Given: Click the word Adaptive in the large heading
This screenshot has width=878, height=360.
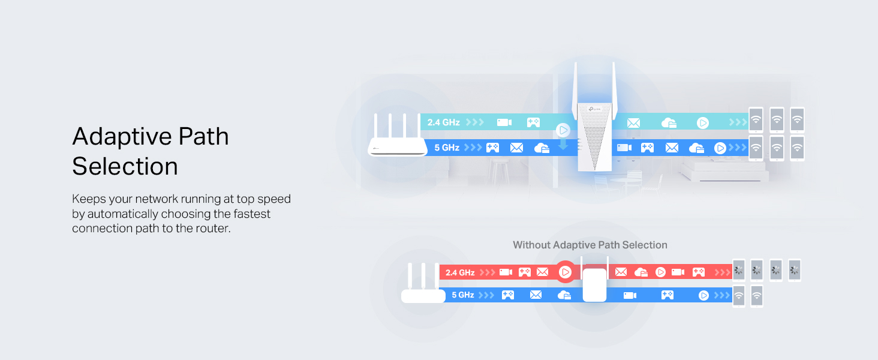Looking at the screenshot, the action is coord(122,136).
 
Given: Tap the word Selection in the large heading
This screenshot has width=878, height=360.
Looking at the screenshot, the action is coord(125,166).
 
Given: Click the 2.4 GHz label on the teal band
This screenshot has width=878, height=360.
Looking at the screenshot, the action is coord(443,122).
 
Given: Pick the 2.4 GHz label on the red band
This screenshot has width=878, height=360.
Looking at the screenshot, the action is coord(460,272).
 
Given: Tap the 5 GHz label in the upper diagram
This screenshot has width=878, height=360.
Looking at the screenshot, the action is coord(447,148).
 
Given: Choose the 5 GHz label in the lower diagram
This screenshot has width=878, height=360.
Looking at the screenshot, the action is coord(463,295).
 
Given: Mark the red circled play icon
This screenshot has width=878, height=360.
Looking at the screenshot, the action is coord(565,272).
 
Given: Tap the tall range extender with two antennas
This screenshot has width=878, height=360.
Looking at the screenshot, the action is coord(594,117).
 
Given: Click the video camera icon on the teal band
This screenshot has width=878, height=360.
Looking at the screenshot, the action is coord(504,122).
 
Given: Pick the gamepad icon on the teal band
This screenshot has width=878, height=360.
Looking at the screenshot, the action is coord(533,122).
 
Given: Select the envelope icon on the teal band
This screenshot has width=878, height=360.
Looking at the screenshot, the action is coord(633,123).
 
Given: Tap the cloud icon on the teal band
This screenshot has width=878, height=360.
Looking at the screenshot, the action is coord(669,123).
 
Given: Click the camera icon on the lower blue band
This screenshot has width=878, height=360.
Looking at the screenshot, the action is coord(630,295).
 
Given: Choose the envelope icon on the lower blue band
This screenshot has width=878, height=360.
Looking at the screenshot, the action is coord(536,295).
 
